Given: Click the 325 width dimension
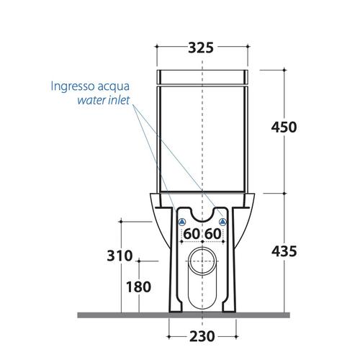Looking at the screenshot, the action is [201, 48].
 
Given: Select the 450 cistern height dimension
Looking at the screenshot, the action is [284, 127].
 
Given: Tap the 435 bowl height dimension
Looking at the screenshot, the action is [284, 251].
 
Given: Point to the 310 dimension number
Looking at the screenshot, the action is [120, 256].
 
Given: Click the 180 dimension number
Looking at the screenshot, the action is [138, 287].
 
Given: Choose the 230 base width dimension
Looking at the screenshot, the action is [202, 336].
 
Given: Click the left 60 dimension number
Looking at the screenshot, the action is [192, 234].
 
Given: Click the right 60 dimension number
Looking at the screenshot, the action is [213, 234].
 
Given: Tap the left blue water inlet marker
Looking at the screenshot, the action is [182, 222].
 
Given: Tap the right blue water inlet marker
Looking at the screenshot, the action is [223, 222].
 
